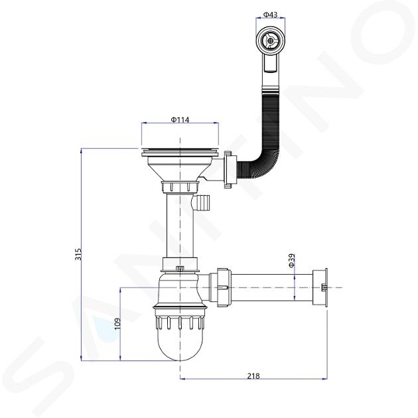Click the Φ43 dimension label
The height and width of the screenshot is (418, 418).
click(x=270, y=15)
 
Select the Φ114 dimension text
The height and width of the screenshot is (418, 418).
click(x=180, y=120)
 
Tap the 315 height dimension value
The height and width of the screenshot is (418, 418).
click(x=78, y=254)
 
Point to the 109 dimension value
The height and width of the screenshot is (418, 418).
click(x=117, y=324)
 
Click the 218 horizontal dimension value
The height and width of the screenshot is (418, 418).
click(x=253, y=376)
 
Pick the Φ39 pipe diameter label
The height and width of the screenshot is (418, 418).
click(x=291, y=261)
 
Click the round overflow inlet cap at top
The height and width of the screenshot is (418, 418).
click(x=270, y=40)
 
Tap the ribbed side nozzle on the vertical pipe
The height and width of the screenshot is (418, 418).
click(x=201, y=203)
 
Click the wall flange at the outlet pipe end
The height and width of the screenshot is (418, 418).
click(x=320, y=288)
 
